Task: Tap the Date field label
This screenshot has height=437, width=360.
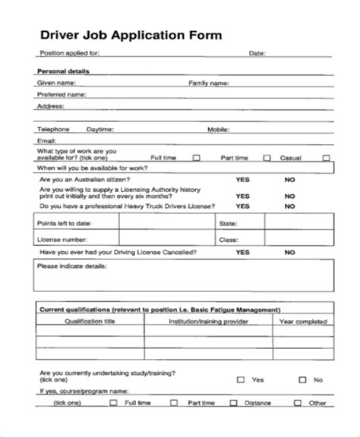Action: click(257, 53)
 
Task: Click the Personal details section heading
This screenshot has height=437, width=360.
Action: click(63, 71)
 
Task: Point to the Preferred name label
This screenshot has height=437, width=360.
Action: click(61, 95)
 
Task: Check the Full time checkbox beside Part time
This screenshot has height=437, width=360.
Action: click(197, 158)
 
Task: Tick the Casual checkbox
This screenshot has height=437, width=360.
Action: click(326, 158)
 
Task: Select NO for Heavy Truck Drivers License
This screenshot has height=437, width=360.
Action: click(289, 206)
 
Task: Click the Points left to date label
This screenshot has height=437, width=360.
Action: click(64, 225)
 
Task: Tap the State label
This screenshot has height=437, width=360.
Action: click(229, 225)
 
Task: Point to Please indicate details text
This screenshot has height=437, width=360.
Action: click(71, 267)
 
